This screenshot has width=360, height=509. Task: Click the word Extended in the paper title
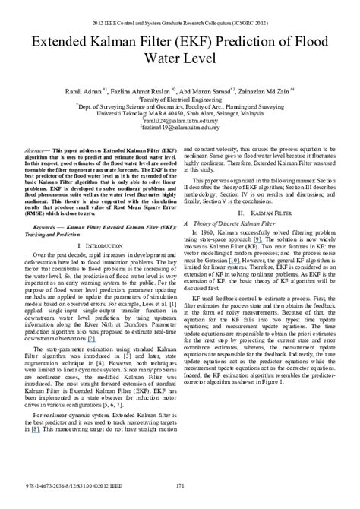click(x=67, y=36)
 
